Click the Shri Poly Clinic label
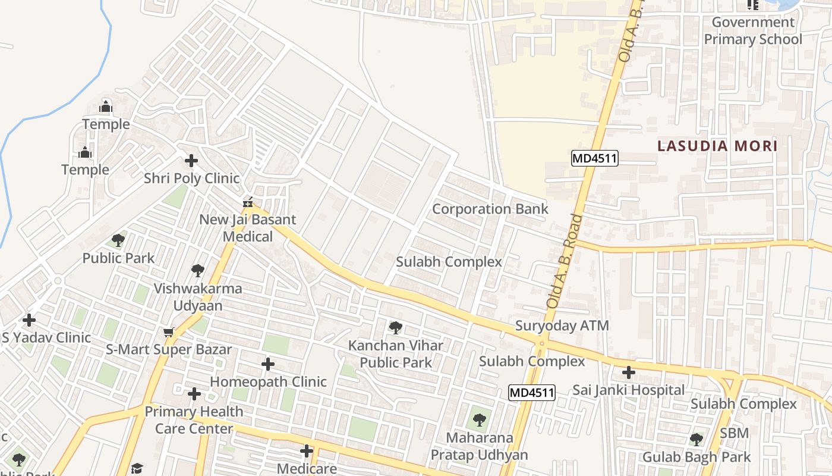click(x=192, y=178)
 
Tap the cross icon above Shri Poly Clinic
click(x=191, y=161)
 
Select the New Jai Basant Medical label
click(x=247, y=228)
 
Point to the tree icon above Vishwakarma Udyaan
click(x=198, y=271)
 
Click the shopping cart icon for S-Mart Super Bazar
click(x=169, y=332)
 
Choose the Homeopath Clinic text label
click(x=268, y=381)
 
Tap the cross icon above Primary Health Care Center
click(x=194, y=394)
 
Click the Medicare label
click(x=307, y=469)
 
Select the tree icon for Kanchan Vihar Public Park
click(x=395, y=327)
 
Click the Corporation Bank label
click(x=490, y=209)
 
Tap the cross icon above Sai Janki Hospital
click(x=628, y=373)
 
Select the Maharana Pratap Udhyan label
click(x=479, y=446)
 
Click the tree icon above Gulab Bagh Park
click(x=696, y=440)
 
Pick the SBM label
click(x=735, y=433)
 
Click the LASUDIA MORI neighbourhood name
click(x=717, y=146)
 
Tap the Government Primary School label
click(x=753, y=31)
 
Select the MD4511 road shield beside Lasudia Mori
click(x=595, y=158)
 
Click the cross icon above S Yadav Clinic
click(x=29, y=320)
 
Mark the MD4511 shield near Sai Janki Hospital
click(x=532, y=393)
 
